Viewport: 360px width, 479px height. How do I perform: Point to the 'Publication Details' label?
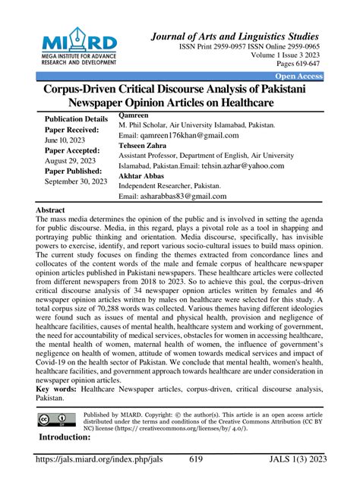(x=76, y=120)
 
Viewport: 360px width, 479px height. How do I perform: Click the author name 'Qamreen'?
(x=135, y=114)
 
